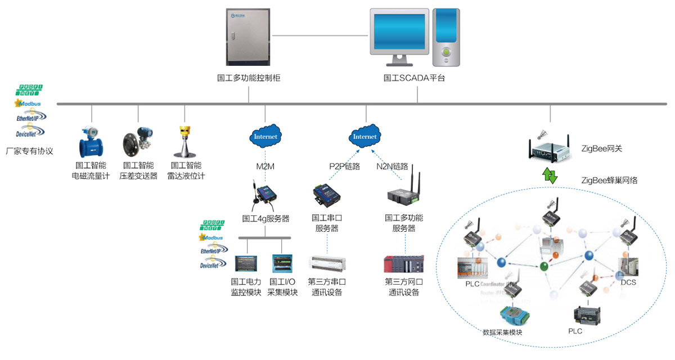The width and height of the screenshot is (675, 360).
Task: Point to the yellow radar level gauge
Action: [x=185, y=142]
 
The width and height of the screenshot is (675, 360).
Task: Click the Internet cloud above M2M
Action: [x=265, y=136]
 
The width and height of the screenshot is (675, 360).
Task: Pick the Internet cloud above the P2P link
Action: [x=364, y=136]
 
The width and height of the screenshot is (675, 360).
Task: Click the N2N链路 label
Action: [x=392, y=166]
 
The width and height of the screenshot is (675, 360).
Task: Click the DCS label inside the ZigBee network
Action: [x=628, y=282]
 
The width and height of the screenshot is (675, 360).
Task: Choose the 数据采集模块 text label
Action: [x=502, y=332]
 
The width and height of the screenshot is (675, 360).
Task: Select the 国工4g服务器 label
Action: [x=265, y=218]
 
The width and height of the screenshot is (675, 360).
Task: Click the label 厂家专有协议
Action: [x=29, y=151]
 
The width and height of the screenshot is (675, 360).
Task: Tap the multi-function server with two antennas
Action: [x=403, y=191]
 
